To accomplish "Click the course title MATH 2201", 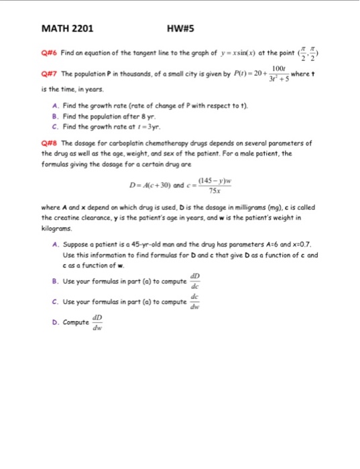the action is pos(67,29).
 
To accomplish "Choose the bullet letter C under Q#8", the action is pos(53,301).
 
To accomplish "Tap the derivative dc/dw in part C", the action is pos(194,301).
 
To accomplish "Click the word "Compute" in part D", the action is pos(76,323).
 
